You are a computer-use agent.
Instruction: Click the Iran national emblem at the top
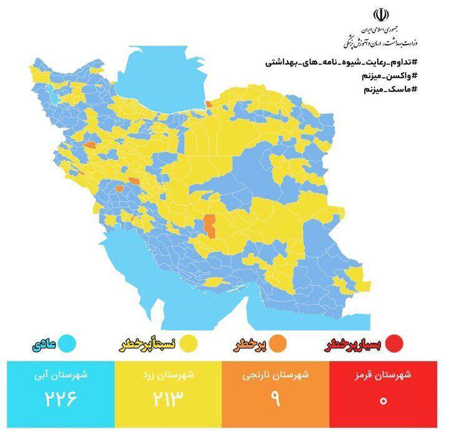tap(380, 15)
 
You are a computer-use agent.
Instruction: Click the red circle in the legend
tap(393, 343)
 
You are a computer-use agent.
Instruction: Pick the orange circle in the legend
tap(279, 343)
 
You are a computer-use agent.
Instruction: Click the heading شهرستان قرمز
tap(383, 375)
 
